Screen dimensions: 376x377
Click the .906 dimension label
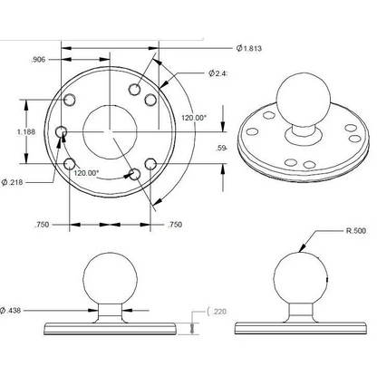click(x=38, y=60)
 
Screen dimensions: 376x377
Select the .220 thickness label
click(x=218, y=312)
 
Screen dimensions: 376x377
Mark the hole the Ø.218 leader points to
click(x=62, y=133)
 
